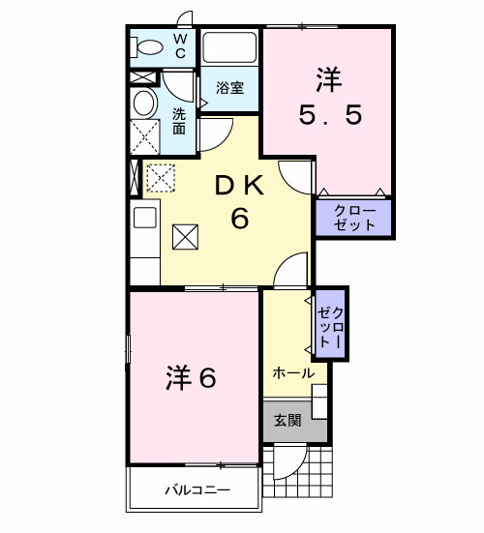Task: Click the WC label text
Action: point(180,46)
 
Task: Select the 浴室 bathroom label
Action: point(229,87)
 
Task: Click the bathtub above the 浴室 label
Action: point(229,48)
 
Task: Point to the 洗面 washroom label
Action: point(180,120)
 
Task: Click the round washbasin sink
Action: point(144,104)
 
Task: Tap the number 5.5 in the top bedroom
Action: point(329,115)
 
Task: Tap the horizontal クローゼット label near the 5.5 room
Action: point(353,218)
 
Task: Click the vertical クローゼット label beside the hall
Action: point(330,320)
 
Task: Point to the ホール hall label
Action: point(292,372)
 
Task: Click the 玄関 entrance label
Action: point(287,420)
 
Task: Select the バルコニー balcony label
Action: point(195,490)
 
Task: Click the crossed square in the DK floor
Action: point(185,236)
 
